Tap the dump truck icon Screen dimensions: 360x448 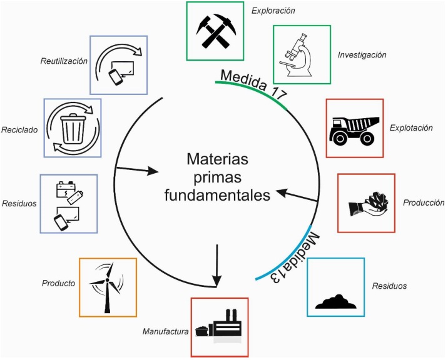(x=355, y=127)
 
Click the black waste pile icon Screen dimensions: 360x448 (x=337, y=300)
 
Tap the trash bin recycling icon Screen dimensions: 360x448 (x=71, y=127)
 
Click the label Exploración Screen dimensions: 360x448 (x=273, y=11)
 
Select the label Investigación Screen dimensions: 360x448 (x=361, y=55)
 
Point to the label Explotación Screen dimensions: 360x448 (x=411, y=127)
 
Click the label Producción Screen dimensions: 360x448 (x=424, y=203)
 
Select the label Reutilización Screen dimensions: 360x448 (x=63, y=61)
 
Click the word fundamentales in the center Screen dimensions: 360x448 (x=217, y=196)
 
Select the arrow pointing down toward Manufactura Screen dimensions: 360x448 (x=216, y=266)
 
